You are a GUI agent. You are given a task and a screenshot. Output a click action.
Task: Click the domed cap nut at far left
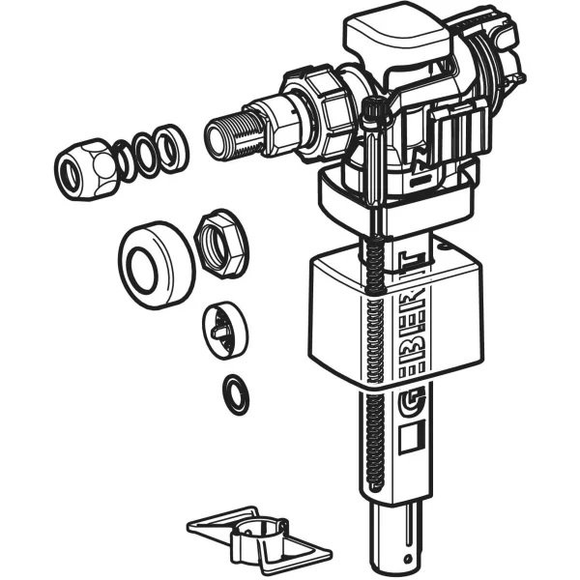pos(85,169)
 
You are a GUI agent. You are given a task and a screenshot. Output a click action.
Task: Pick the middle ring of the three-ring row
pos(147,153)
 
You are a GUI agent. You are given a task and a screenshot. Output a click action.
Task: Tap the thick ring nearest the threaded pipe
pos(172,147)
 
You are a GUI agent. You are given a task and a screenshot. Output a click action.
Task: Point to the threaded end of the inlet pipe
pos(229,134)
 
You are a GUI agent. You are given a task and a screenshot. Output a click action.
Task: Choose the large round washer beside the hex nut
pos(157,266)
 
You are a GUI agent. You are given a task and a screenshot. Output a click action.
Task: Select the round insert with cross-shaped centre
pos(225,330)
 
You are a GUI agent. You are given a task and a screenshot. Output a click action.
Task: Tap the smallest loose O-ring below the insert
pos(236,394)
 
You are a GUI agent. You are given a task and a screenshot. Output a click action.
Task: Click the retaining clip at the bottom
pos(259,540)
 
